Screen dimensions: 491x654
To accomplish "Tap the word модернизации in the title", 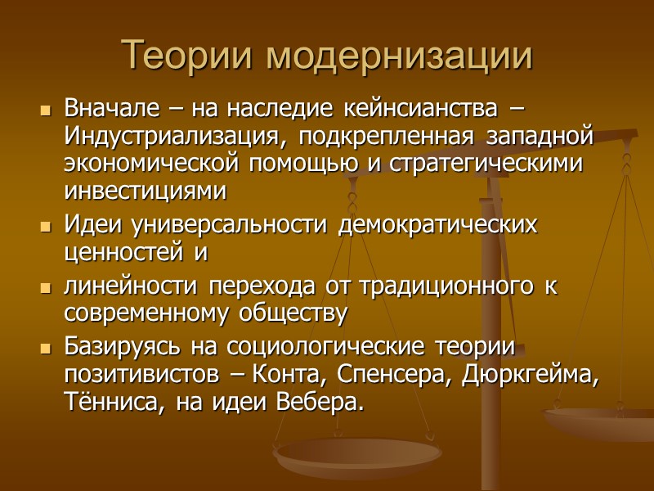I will click(x=400, y=55).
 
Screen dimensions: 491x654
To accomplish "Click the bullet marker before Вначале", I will click(x=46, y=109).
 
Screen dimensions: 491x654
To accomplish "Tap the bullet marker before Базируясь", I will click(x=46, y=348).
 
